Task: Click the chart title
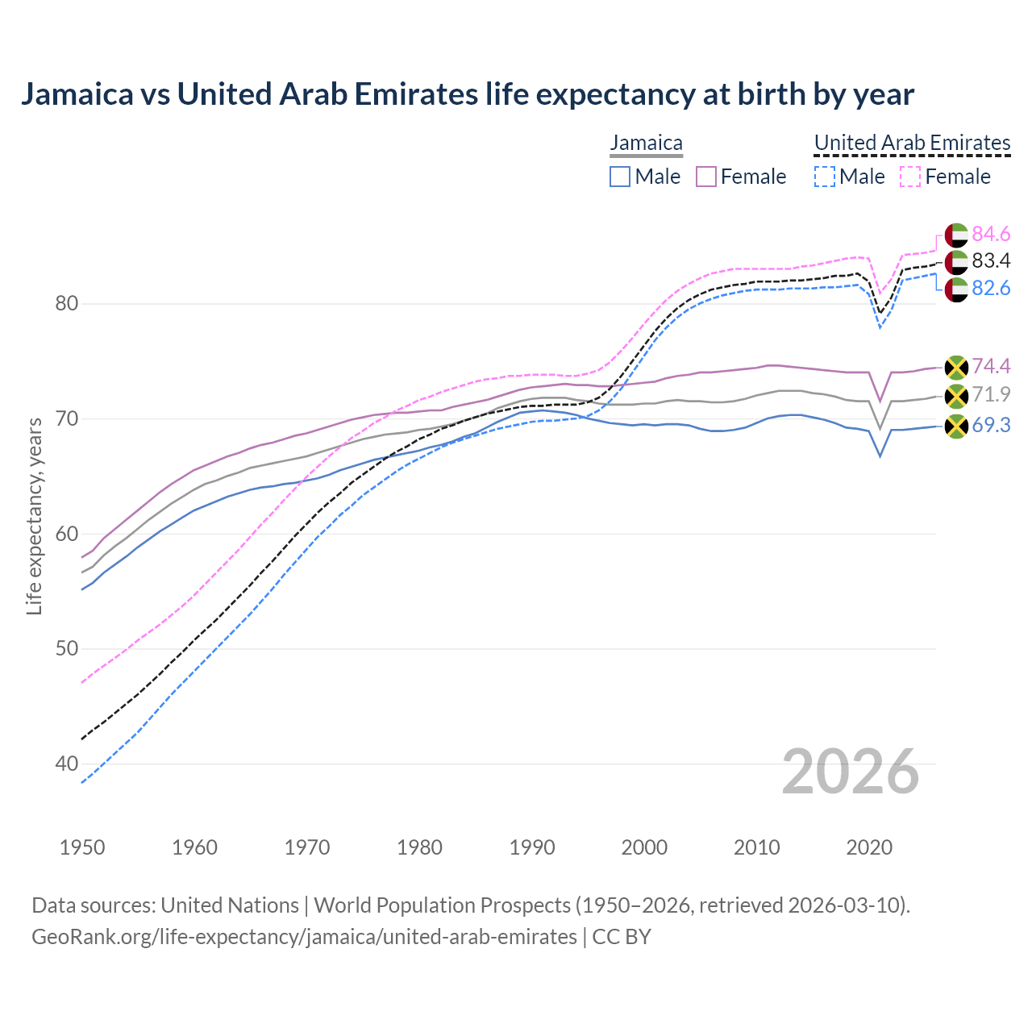(x=467, y=94)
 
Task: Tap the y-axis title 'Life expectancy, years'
(x=34, y=516)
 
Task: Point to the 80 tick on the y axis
(x=67, y=304)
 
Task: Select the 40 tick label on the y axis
(x=67, y=764)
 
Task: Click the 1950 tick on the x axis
(x=82, y=847)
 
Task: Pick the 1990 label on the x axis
(x=532, y=847)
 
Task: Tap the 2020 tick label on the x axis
(x=869, y=847)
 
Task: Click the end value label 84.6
(x=991, y=234)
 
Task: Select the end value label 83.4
(x=991, y=260)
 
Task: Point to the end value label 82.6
(x=991, y=288)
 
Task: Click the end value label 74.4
(x=991, y=366)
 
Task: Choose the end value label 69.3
(x=991, y=425)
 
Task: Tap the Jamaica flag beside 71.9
(x=956, y=395)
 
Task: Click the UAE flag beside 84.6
(x=956, y=235)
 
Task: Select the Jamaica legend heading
(x=646, y=143)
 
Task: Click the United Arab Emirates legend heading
(x=912, y=143)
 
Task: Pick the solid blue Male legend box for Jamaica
(x=619, y=177)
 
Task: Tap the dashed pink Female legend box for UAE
(x=909, y=177)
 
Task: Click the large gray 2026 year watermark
(x=850, y=772)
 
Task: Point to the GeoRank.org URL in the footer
(x=304, y=937)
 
